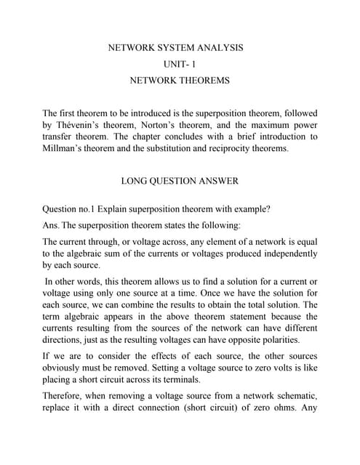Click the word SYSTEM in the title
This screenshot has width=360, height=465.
[173, 48]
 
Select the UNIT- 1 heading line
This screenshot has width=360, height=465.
[180, 64]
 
